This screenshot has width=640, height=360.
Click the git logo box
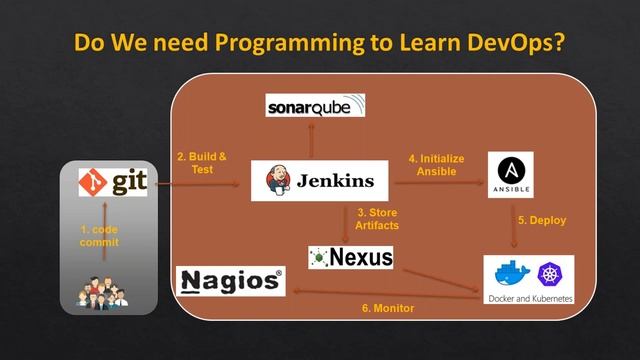pyautogui.click(x=113, y=182)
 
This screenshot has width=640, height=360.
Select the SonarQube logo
pyautogui.click(x=315, y=105)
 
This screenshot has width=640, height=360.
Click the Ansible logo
pyautogui.click(x=509, y=173)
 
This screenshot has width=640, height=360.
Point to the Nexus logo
pyautogui.click(x=351, y=258)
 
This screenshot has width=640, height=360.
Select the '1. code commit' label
pyautogui.click(x=99, y=236)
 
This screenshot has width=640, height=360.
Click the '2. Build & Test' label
pyautogui.click(x=202, y=163)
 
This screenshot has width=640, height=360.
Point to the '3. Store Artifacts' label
pyautogui.click(x=377, y=218)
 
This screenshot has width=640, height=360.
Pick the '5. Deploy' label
pyautogui.click(x=541, y=220)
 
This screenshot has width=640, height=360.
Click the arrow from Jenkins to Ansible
pyautogui.click(x=437, y=183)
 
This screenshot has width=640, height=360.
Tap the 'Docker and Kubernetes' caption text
pyautogui.click(x=531, y=297)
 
